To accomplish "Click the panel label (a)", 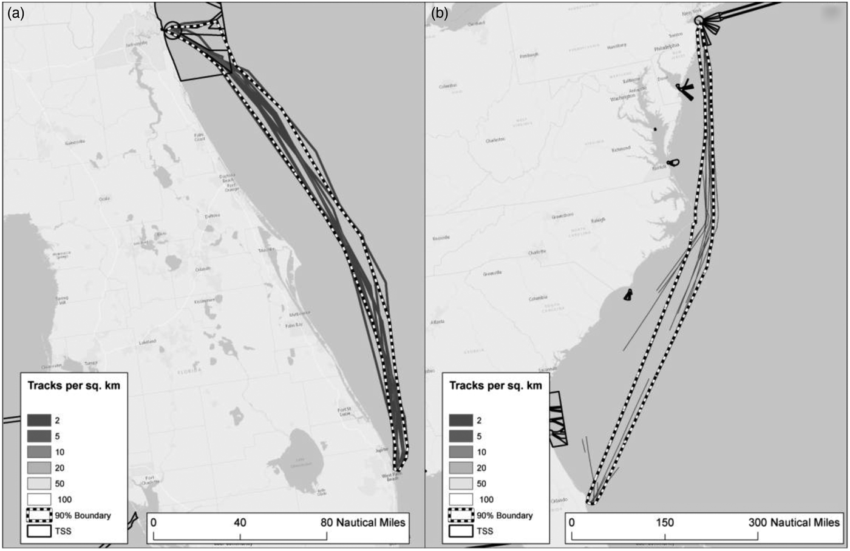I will [15, 13].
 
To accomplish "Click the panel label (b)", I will [439, 13].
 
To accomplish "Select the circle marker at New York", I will [699, 21].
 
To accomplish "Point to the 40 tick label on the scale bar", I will [240, 522].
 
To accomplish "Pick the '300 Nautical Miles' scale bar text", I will [798, 522].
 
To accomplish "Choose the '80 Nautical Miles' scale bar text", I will [362, 522].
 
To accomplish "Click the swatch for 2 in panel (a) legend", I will [38, 420].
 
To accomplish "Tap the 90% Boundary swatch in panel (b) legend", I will [461, 515].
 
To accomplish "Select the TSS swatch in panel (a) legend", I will [38, 531].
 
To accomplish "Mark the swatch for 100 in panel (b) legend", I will [461, 499].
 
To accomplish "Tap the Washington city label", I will [622, 96].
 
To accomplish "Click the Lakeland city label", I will [147, 342].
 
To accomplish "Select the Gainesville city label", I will [75, 141].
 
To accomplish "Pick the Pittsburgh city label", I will [529, 55].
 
